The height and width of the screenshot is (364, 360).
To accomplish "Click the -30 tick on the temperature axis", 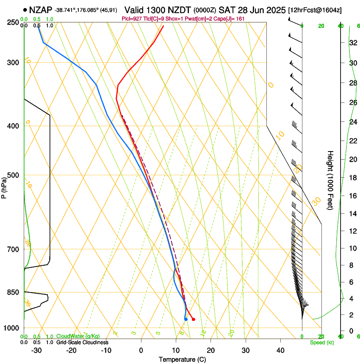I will [36, 350].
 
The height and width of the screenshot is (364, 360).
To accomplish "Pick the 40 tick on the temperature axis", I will [280, 350].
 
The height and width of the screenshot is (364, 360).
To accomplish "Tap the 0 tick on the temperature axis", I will [141, 350].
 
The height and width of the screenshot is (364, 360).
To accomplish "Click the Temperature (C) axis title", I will [182, 359].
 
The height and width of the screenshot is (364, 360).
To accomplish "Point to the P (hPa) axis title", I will [4, 187].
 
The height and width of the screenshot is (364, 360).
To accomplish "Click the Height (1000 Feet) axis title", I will [330, 180].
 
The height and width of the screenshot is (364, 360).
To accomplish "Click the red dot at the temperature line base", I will [193, 319].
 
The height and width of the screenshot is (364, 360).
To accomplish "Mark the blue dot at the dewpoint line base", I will [186, 319].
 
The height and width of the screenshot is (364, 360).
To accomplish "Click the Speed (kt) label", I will [321, 342].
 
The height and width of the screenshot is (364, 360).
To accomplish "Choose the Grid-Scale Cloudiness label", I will [82, 342].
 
